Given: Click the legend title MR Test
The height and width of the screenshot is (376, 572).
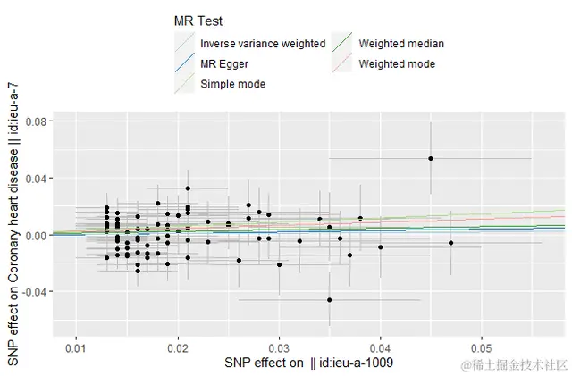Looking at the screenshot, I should coord(198,21).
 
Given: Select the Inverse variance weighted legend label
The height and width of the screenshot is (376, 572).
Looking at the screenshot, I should coord(263,44).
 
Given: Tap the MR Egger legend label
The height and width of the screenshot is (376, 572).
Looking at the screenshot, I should coord(225,64).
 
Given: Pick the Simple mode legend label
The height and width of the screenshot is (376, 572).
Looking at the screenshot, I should coord(232,84).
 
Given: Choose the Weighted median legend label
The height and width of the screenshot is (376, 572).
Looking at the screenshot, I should coord(401,44).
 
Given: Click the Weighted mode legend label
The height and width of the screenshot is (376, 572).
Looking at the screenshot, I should coord(397,64).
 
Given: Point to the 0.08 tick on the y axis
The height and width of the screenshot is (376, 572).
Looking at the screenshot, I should coord(37,121).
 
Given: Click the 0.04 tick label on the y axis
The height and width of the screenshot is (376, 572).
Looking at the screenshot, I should coord(37,179).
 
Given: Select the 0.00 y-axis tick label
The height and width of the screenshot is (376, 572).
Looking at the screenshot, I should coord(37,236).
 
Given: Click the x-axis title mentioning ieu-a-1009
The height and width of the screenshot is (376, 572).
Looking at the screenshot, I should coord(309,363).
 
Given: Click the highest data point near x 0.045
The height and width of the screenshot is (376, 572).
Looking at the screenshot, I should coord(430,158).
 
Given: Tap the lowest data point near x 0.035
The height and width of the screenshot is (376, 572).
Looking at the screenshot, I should coord(329,300).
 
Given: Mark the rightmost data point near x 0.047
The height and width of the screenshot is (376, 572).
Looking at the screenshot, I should coord(450,243).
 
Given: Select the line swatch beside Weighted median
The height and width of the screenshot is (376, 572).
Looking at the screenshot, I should coord(342,44).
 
